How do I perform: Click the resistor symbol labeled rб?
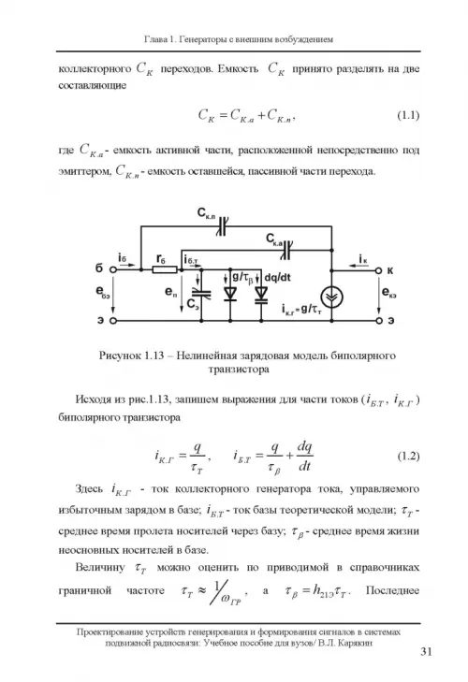(165, 269)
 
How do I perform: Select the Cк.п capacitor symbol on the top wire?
(223, 226)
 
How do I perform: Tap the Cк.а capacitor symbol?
(286, 250)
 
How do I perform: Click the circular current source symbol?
(331, 297)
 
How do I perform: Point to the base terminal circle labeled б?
(113, 269)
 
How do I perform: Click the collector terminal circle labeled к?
(379, 270)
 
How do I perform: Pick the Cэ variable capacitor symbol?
(201, 293)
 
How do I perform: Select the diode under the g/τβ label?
(230, 294)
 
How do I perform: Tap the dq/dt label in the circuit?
(278, 277)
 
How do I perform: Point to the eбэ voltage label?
(103, 292)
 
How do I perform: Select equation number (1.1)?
(408, 115)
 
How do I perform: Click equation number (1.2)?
(408, 456)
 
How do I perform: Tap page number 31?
(426, 651)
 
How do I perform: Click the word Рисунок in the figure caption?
(119, 356)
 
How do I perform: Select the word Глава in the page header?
(155, 39)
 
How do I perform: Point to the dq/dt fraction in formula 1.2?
(305, 457)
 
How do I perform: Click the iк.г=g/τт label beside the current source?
(301, 310)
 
